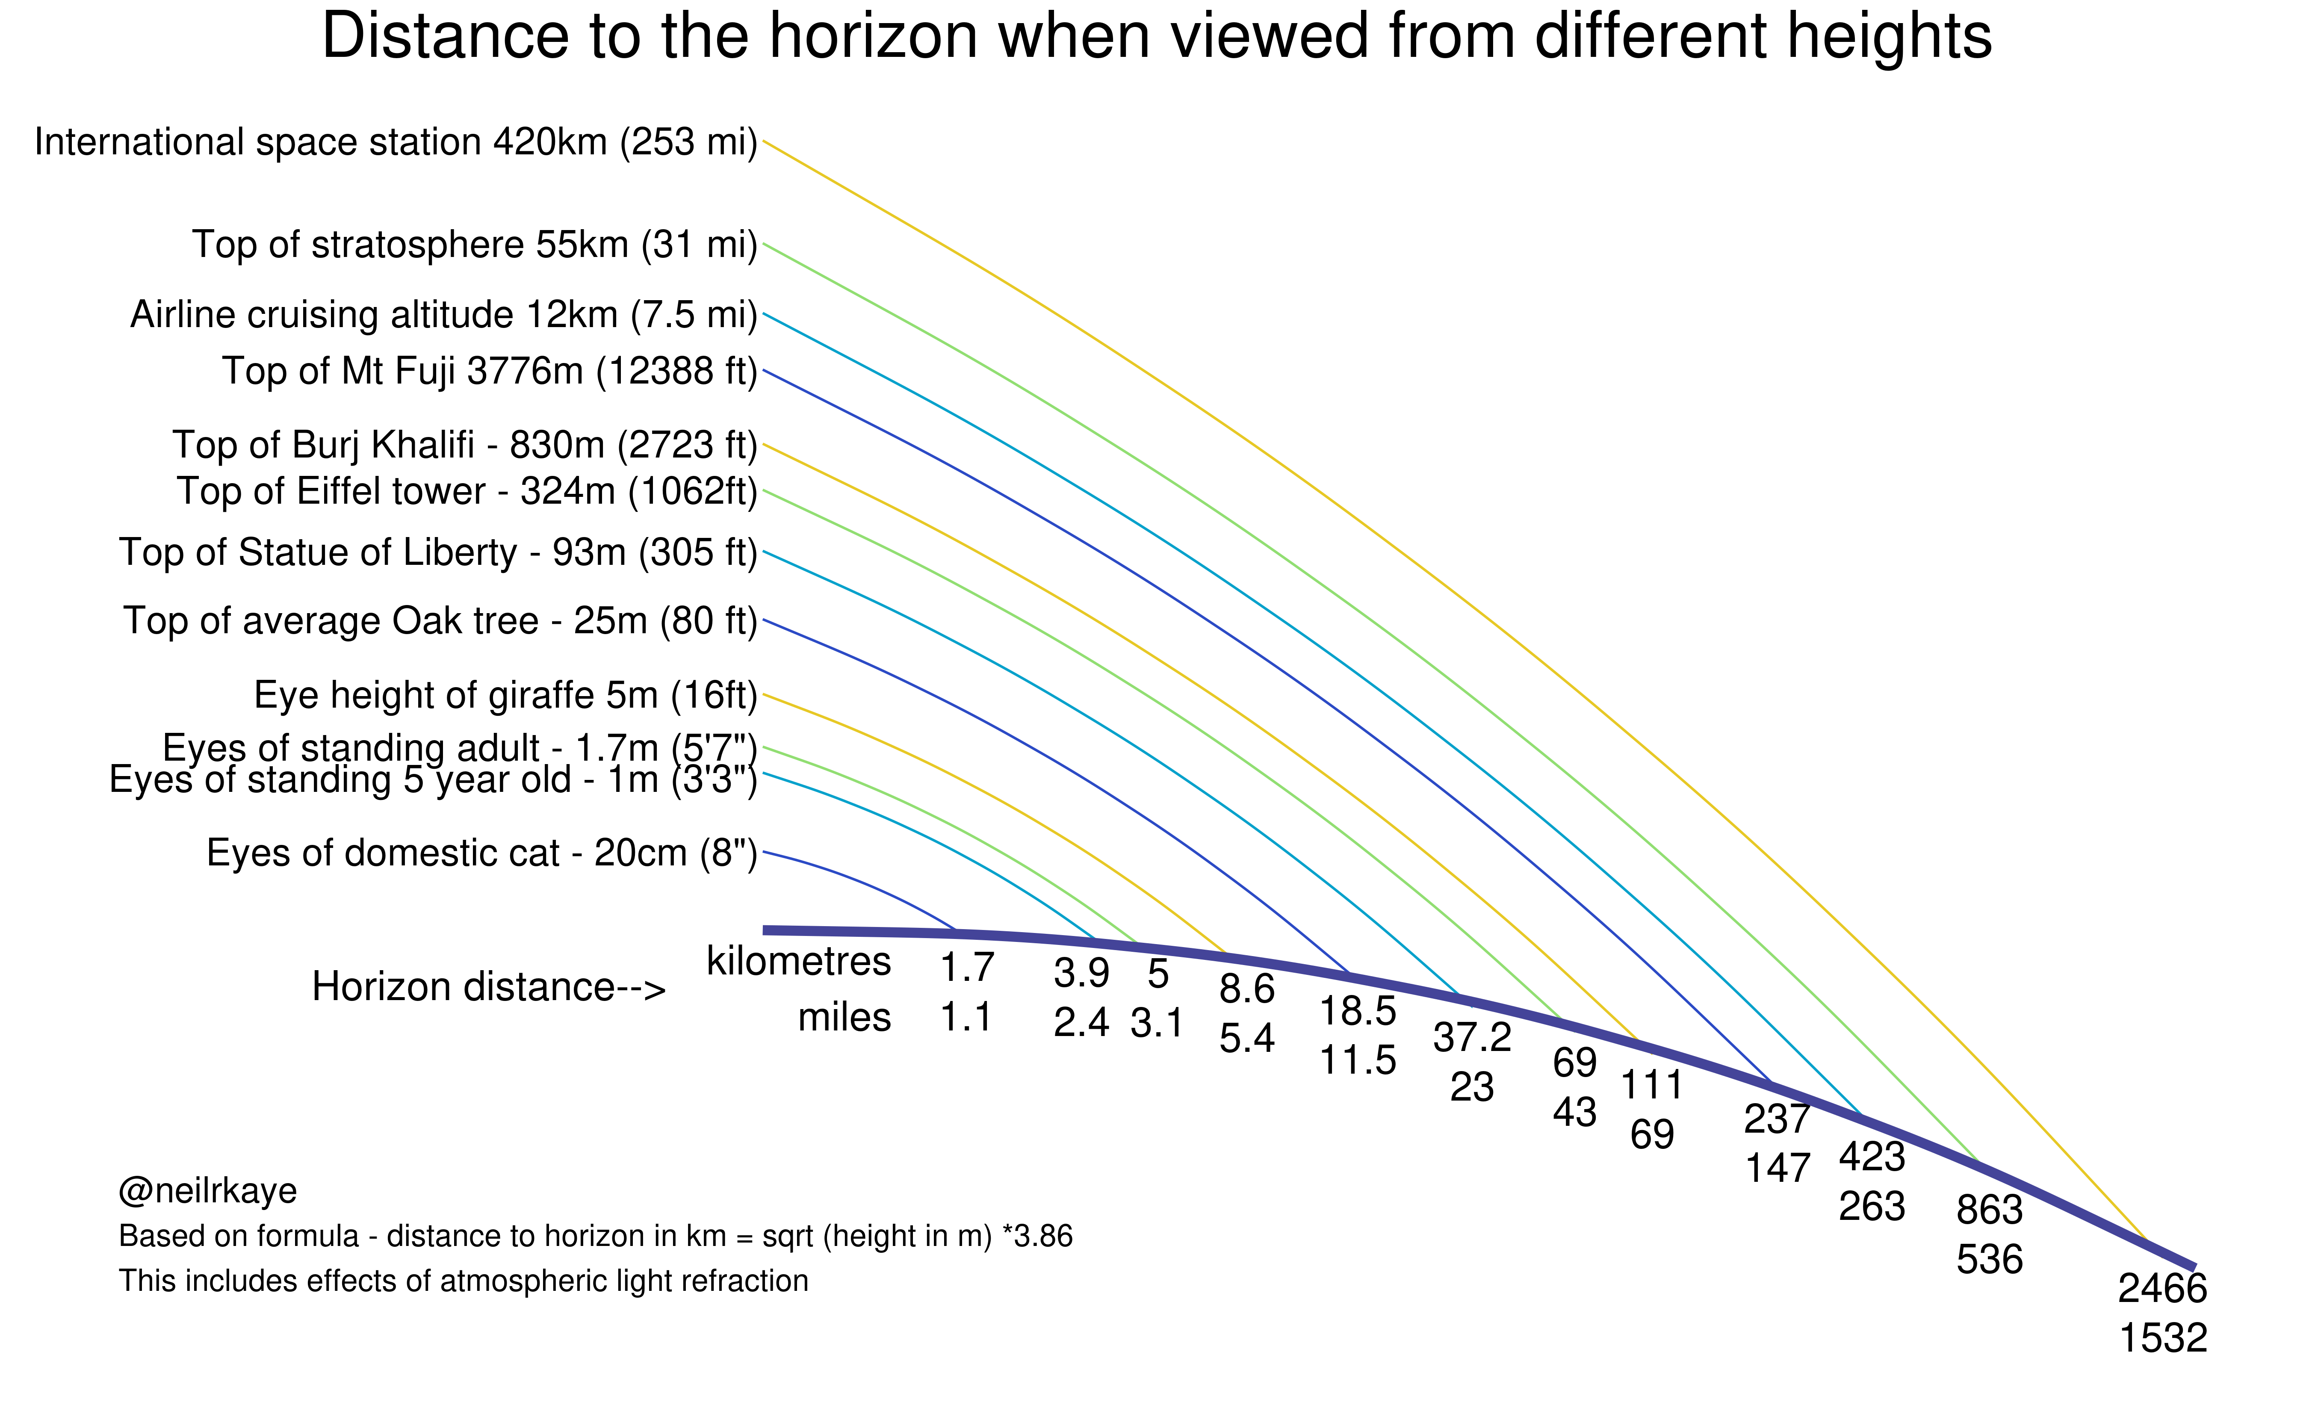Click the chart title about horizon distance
pyautogui.click(x=1156, y=38)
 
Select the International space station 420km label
pyautogui.click(x=396, y=142)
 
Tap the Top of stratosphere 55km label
pyautogui.click(x=474, y=245)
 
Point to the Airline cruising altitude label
pyautogui.click(x=443, y=315)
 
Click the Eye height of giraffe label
pyautogui.click(x=505, y=695)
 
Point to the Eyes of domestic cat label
pyautogui.click(x=481, y=853)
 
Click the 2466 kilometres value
pyautogui.click(x=2163, y=1289)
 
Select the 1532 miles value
pyautogui.click(x=2163, y=1339)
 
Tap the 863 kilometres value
pyautogui.click(x=1990, y=1210)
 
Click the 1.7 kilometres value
pyautogui.click(x=966, y=968)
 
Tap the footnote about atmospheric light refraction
pyautogui.click(x=463, y=1281)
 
